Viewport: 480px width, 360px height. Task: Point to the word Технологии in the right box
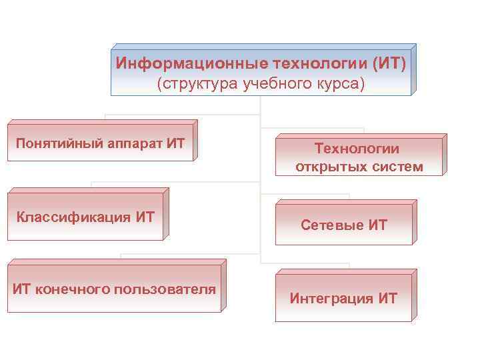point(359,149)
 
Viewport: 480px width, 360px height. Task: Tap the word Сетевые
point(332,225)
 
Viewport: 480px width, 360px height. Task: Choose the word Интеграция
point(331,298)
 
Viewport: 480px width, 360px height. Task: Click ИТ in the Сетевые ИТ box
point(377,225)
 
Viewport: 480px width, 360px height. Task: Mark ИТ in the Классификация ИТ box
point(145,217)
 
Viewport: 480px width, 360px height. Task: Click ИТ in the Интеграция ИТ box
point(387,298)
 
